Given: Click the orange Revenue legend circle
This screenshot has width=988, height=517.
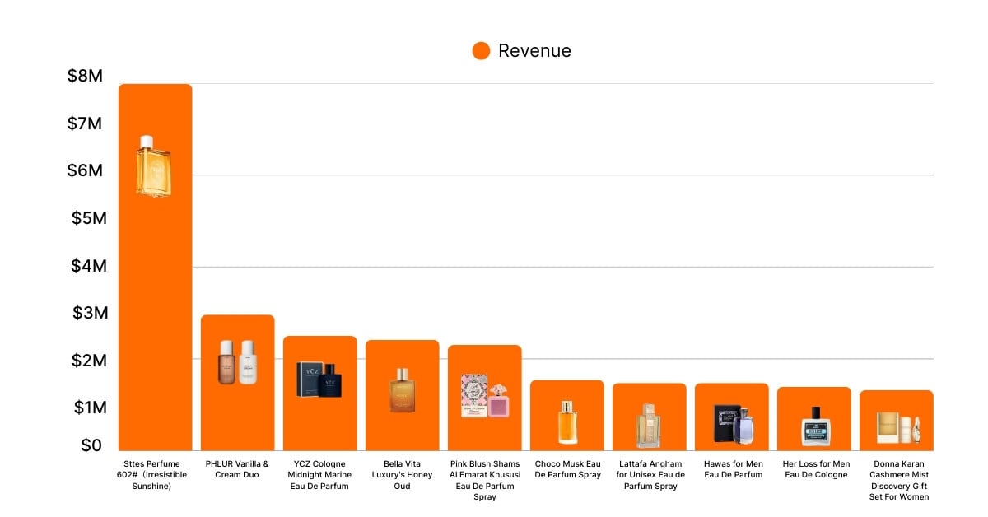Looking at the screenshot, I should point(481,51).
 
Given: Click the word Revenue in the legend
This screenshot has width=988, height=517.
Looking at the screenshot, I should point(534,51).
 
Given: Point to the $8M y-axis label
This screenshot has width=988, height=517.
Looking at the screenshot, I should point(85,77).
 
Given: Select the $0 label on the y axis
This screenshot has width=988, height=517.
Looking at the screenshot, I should point(91,445).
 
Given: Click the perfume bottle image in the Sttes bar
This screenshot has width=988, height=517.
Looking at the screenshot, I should point(154,166).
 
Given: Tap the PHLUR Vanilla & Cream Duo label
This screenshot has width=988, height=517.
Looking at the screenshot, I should point(237,469).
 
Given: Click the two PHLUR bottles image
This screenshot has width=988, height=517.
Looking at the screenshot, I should point(237,362).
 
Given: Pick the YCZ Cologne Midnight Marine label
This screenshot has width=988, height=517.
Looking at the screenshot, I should point(319,475).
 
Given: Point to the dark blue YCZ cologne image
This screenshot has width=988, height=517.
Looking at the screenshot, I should point(319,380).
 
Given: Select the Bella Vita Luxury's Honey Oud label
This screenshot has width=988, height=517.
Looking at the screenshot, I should point(402,475).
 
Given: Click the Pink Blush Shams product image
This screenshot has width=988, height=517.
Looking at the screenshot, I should point(484,395).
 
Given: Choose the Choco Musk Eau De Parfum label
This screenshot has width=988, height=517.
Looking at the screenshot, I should point(566,469).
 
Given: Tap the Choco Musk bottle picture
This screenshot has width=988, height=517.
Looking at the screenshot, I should point(566,422).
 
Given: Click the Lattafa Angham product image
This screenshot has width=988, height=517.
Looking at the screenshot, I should point(649,426).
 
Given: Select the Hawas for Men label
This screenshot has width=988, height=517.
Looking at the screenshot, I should point(731,469).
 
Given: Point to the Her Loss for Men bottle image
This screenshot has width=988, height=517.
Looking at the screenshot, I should point(815,426).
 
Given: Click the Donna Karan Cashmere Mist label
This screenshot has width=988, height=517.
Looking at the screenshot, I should point(896,480).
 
